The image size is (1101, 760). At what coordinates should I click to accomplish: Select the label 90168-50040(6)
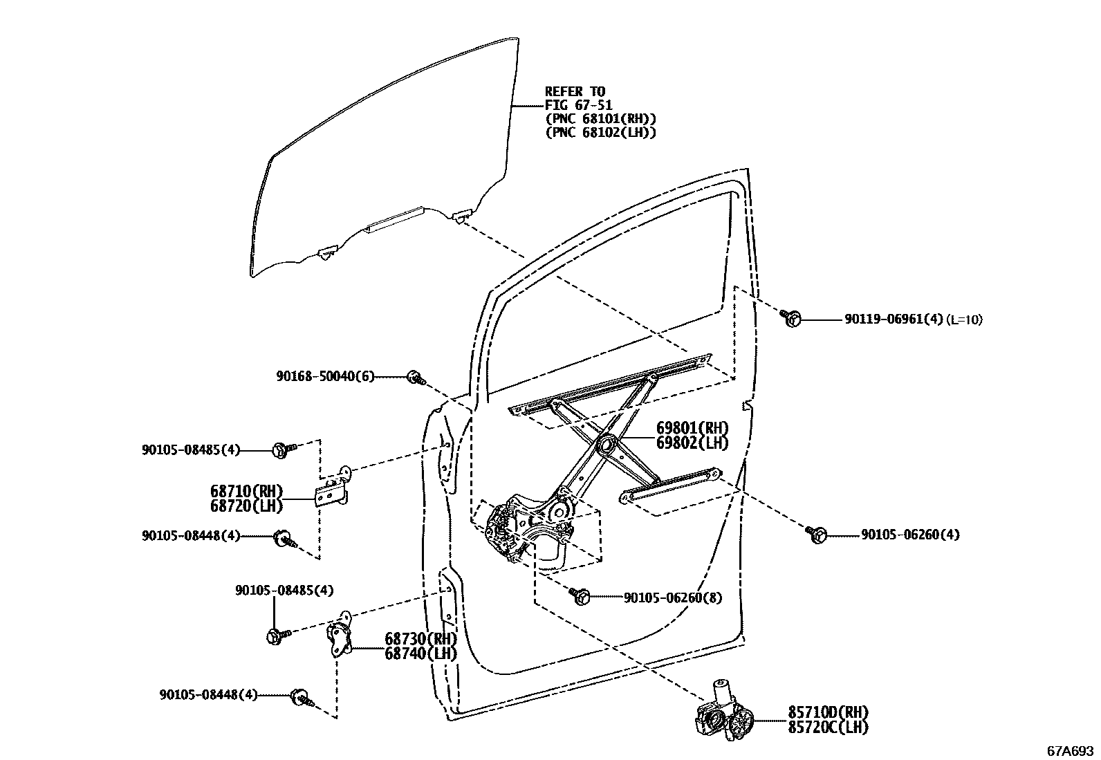325,376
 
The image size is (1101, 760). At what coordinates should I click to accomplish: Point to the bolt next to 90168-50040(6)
416,377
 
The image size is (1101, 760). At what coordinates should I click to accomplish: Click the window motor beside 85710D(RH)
723,716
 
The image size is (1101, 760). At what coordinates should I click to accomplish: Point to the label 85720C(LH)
828,727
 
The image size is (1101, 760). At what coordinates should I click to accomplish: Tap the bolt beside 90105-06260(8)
581,595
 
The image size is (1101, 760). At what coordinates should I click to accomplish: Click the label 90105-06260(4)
910,535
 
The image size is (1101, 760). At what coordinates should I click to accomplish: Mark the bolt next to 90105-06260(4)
818,534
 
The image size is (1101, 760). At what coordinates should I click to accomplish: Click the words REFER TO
575,91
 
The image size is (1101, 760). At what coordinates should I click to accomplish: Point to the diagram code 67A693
1071,750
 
